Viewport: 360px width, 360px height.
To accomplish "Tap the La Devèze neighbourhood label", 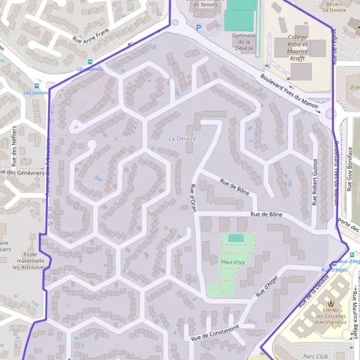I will click(x=182, y=139).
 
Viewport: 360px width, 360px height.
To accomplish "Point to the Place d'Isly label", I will click(x=233, y=263).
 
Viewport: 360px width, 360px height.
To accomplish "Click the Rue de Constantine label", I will click(x=215, y=333).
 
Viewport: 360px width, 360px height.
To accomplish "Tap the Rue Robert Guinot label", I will click(x=314, y=182).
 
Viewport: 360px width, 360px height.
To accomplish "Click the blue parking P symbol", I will click(x=198, y=26).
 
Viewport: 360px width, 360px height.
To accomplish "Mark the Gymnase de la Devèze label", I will click(x=244, y=41).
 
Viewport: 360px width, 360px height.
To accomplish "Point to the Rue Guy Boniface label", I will click(x=350, y=169).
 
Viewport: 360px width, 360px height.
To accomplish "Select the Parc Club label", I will click(x=317, y=356).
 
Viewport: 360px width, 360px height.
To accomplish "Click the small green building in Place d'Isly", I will click(x=236, y=238).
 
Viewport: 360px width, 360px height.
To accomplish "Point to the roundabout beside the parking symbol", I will click(x=175, y=23).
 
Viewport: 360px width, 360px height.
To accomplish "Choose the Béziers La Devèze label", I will click(x=335, y=7).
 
